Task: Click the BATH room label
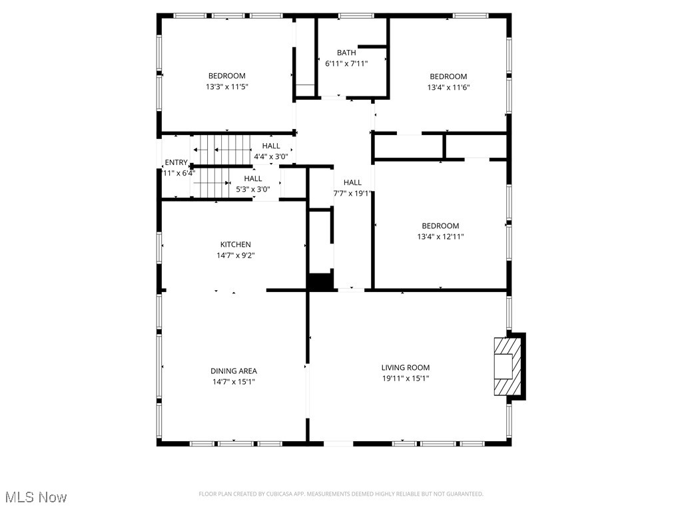click(346, 53)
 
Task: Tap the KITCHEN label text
click(236, 244)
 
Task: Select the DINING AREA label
click(234, 371)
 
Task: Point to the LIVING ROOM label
click(406, 367)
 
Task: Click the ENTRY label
click(176, 162)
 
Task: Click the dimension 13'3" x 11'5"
click(226, 86)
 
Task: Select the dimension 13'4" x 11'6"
click(448, 87)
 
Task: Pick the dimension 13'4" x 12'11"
click(440, 236)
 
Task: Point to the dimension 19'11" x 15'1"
click(406, 378)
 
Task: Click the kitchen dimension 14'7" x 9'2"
click(236, 255)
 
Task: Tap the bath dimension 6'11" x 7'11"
click(346, 63)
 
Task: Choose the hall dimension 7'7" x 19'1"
click(352, 194)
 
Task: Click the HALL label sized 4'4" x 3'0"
click(271, 146)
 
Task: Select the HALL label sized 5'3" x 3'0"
click(253, 178)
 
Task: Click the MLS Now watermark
click(35, 497)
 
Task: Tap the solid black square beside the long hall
click(320, 281)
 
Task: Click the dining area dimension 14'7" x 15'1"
click(234, 381)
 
